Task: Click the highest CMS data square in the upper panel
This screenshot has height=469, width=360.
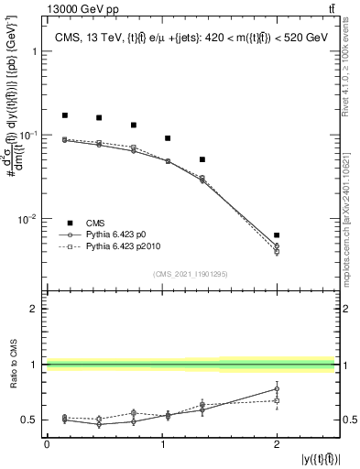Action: pos(65,115)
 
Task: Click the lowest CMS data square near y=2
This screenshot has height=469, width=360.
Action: pos(277,235)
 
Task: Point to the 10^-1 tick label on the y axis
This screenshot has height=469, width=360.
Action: pos(28,135)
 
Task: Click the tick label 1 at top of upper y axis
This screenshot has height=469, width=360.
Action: pos(36,51)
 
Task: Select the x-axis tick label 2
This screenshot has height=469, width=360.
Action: pos(277,443)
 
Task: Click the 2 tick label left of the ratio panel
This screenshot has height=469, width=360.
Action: pos(35,310)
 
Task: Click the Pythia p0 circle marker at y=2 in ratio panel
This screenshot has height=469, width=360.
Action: pos(277,388)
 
